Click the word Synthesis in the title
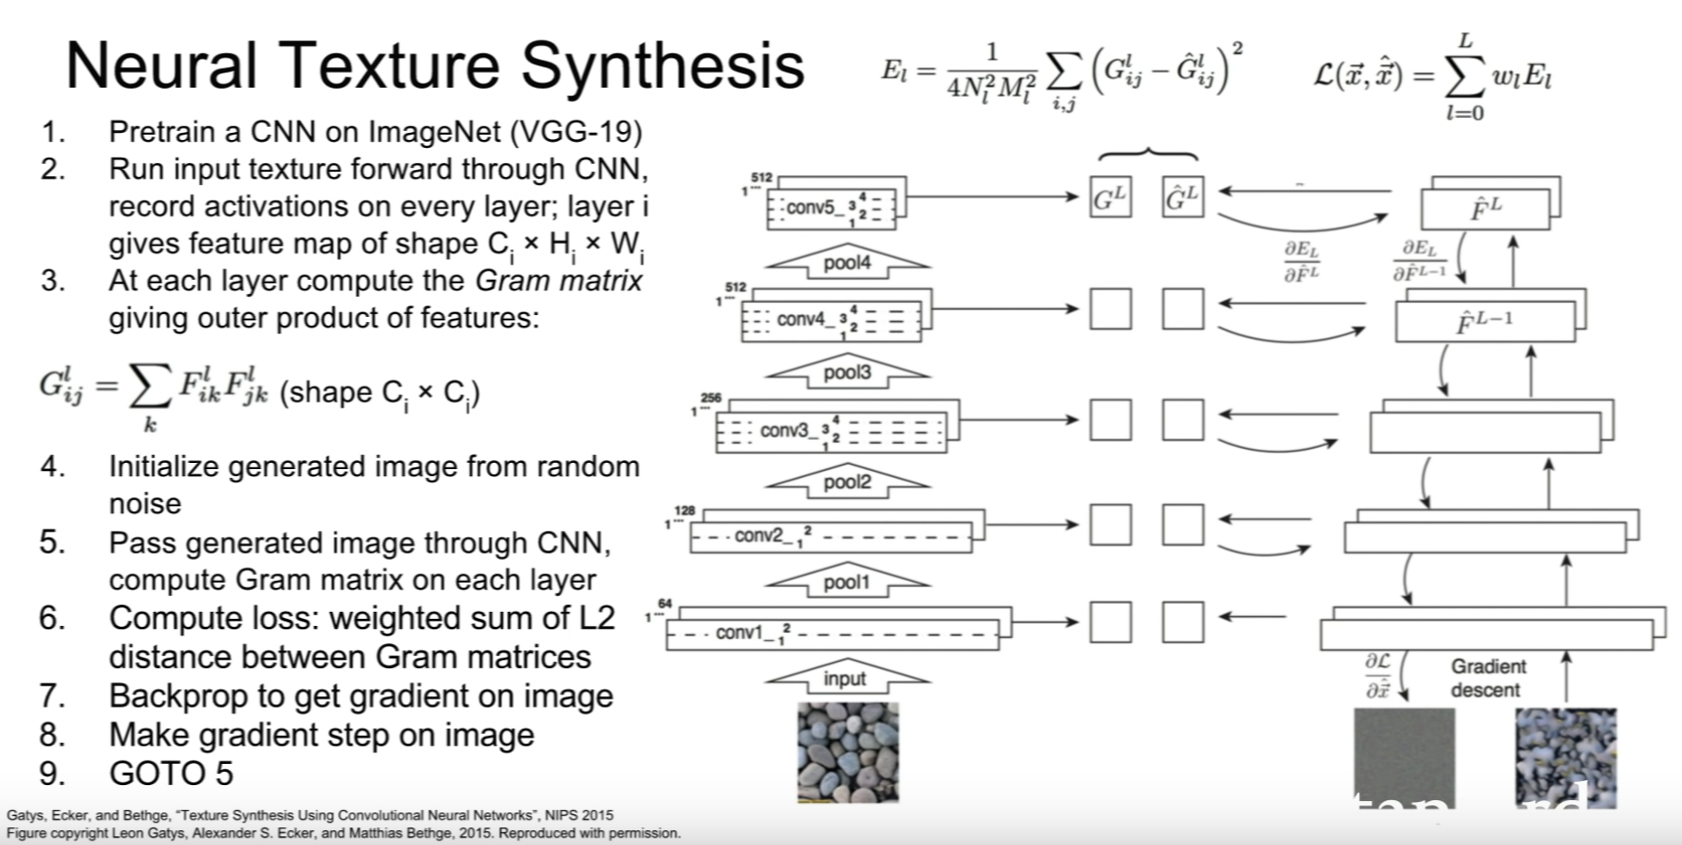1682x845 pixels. (x=661, y=67)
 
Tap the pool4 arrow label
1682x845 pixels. (x=846, y=262)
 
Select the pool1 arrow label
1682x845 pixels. (x=846, y=582)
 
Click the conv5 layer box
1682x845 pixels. (x=831, y=209)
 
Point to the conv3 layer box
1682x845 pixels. (x=831, y=430)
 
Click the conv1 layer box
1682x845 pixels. (x=831, y=632)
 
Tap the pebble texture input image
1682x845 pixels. (x=848, y=752)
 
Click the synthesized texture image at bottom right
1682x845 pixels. (x=1566, y=757)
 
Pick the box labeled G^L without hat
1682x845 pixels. (x=1110, y=197)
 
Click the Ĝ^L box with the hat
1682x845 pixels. (x=1182, y=197)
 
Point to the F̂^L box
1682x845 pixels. (x=1486, y=209)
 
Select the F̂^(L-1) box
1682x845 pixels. (x=1485, y=321)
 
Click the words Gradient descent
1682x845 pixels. (x=1487, y=678)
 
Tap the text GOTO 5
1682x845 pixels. (x=171, y=773)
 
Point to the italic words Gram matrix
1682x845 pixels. (x=559, y=281)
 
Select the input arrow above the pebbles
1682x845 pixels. (x=845, y=678)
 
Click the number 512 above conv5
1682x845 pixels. (x=761, y=178)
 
